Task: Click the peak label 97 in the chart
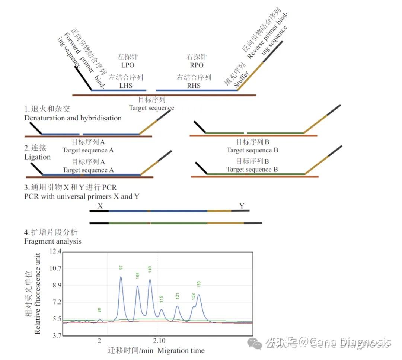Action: [121, 267]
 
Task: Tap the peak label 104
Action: [137, 276]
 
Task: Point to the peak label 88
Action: [99, 310]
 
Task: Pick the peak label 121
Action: [178, 296]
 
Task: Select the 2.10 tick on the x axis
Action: [159, 341]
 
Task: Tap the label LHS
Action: [126, 86]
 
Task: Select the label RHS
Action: [194, 86]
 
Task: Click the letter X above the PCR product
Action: [100, 206]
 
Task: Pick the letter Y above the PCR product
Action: [242, 206]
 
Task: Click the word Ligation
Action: [37, 157]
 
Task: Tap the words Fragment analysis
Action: [53, 241]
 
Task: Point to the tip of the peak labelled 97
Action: [121, 277]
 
